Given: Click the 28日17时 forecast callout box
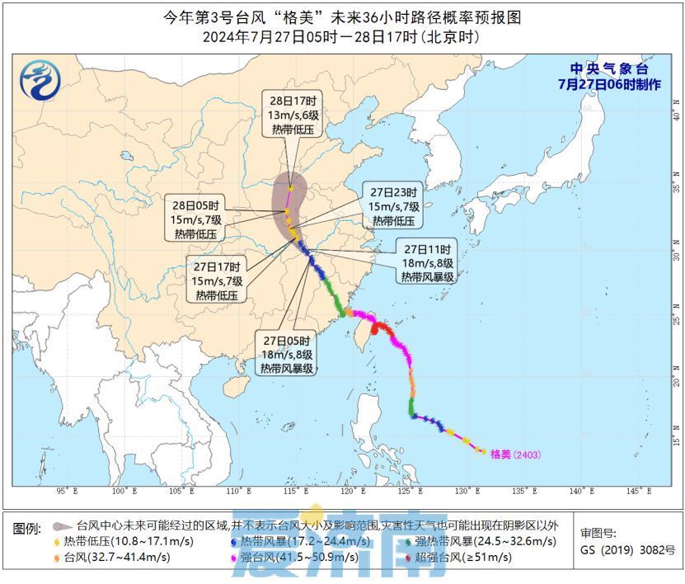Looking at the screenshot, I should click(293, 115).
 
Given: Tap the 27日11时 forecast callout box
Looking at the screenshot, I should click(428, 262).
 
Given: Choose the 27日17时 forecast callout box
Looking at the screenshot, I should click(218, 280).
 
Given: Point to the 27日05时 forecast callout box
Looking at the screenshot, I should click(288, 354).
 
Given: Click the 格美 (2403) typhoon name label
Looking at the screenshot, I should click(514, 454).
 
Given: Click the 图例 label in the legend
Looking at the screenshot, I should click(28, 526).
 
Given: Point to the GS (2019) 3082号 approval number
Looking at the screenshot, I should click(627, 550).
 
